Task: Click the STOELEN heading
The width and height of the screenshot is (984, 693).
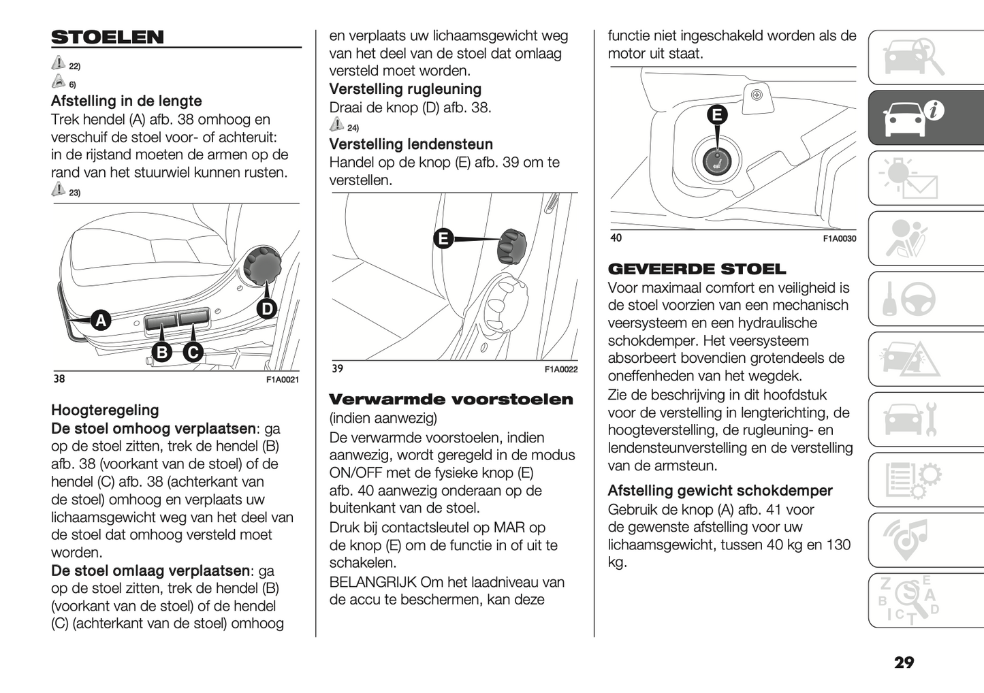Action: (x=108, y=37)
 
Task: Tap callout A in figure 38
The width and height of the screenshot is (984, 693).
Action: (x=101, y=320)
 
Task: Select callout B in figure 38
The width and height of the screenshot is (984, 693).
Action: (x=162, y=352)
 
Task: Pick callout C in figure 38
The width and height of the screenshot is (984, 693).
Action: (x=193, y=352)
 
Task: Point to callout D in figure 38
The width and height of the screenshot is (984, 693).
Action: (x=267, y=309)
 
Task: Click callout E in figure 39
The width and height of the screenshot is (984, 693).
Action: (x=443, y=238)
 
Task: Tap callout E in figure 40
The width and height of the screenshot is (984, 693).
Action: (x=716, y=114)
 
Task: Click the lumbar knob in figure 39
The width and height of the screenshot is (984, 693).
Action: (x=512, y=246)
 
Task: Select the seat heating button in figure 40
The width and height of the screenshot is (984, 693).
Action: (x=716, y=161)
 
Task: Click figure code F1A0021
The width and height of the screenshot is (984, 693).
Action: (x=282, y=380)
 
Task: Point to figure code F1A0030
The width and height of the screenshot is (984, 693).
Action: (x=839, y=239)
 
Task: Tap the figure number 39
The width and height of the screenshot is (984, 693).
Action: (x=338, y=369)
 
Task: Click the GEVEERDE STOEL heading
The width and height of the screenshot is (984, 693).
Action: (x=697, y=269)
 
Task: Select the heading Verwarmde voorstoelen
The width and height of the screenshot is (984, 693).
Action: (x=451, y=400)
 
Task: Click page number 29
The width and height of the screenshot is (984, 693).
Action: (x=904, y=662)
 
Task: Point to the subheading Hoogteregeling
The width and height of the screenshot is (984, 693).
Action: (x=105, y=410)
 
